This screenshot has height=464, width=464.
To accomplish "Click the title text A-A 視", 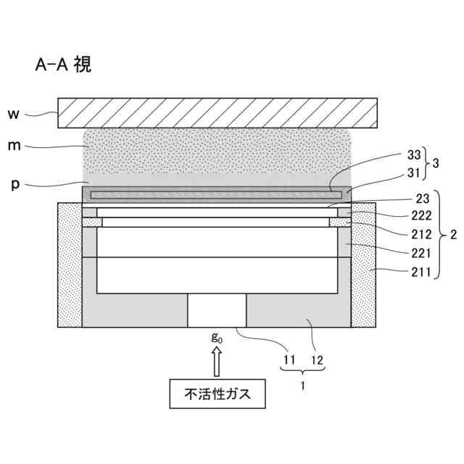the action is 62,65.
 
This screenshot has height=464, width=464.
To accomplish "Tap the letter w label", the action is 13,113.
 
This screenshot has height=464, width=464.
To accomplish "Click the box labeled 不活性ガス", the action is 217,395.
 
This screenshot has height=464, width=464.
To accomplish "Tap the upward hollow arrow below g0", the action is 217,360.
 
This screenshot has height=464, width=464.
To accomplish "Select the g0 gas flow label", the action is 216,337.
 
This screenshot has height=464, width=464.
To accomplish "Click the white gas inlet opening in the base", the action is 217,310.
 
